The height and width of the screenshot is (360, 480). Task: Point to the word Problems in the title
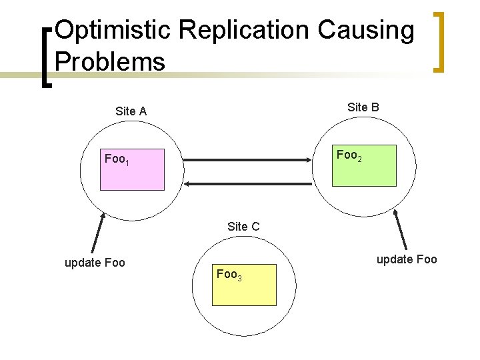(x=110, y=62)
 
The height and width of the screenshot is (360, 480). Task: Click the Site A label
(x=131, y=111)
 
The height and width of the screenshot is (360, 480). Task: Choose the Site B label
(x=363, y=107)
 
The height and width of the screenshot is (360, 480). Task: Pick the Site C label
(x=243, y=227)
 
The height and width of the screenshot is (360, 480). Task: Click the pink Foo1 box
(x=132, y=170)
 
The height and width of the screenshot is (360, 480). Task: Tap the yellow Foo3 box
(x=244, y=285)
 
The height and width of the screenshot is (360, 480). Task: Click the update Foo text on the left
(x=95, y=263)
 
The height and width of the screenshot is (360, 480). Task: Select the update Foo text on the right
(x=407, y=259)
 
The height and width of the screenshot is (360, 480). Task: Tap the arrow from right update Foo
(x=401, y=230)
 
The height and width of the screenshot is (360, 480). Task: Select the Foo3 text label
(x=229, y=274)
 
